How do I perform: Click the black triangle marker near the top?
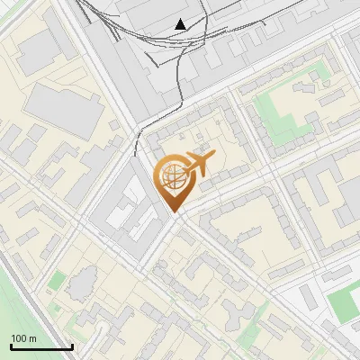(181, 24)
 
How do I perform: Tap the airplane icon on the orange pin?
(198, 164)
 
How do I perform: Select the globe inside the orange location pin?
(173, 176)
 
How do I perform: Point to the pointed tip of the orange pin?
(175, 212)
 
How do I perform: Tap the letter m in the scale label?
(32, 338)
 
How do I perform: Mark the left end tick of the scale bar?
(11, 346)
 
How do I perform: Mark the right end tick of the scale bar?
(72, 346)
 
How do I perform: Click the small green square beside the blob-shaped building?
(56, 281)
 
